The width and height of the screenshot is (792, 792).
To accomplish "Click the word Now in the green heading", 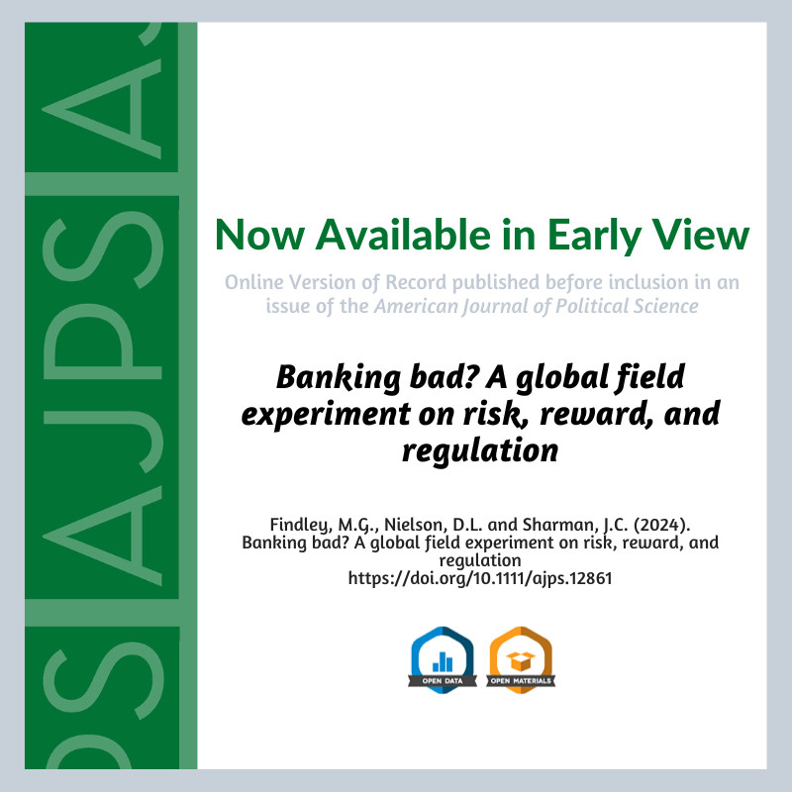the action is (259, 235).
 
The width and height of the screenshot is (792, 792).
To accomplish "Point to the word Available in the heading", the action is (403, 234).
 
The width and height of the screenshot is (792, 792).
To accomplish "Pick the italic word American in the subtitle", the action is (415, 306).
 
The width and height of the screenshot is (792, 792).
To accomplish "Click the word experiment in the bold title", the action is (327, 415).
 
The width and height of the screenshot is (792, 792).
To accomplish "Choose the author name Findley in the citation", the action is (300, 526).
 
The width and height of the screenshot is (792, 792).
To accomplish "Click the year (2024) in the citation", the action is (662, 525).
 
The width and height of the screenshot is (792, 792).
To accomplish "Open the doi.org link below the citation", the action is (480, 578).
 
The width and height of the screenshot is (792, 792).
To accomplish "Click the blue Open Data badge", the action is (443, 660).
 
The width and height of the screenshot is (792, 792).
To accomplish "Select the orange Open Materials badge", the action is (521, 660).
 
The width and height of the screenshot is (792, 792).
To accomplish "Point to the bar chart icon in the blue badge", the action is (443, 661).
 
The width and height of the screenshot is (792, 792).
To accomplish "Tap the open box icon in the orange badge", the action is (521, 660).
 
